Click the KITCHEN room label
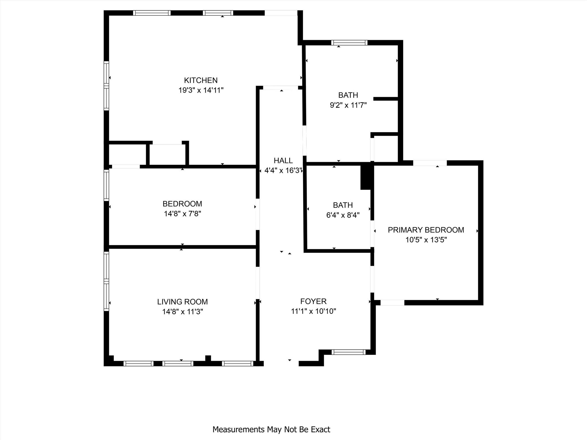pos(201,80)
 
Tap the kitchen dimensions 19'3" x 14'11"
pos(201,90)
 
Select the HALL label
pos(283,160)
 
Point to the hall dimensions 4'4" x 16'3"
pos(283,171)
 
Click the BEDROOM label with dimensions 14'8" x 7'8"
pos(182,204)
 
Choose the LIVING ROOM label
pos(182,302)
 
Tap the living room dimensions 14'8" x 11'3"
pos(182,312)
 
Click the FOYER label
pos(313,301)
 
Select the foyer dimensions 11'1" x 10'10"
pos(313,311)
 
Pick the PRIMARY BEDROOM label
pos(426,230)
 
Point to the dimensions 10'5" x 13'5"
pos(426,240)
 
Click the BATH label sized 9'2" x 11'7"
pos(348,95)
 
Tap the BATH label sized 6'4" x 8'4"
pos(343,205)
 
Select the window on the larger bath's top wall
pos(349,43)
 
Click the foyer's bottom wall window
pos(349,352)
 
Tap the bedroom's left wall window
pos(106,185)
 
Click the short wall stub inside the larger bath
pos(386,99)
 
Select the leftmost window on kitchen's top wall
pos(152,13)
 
